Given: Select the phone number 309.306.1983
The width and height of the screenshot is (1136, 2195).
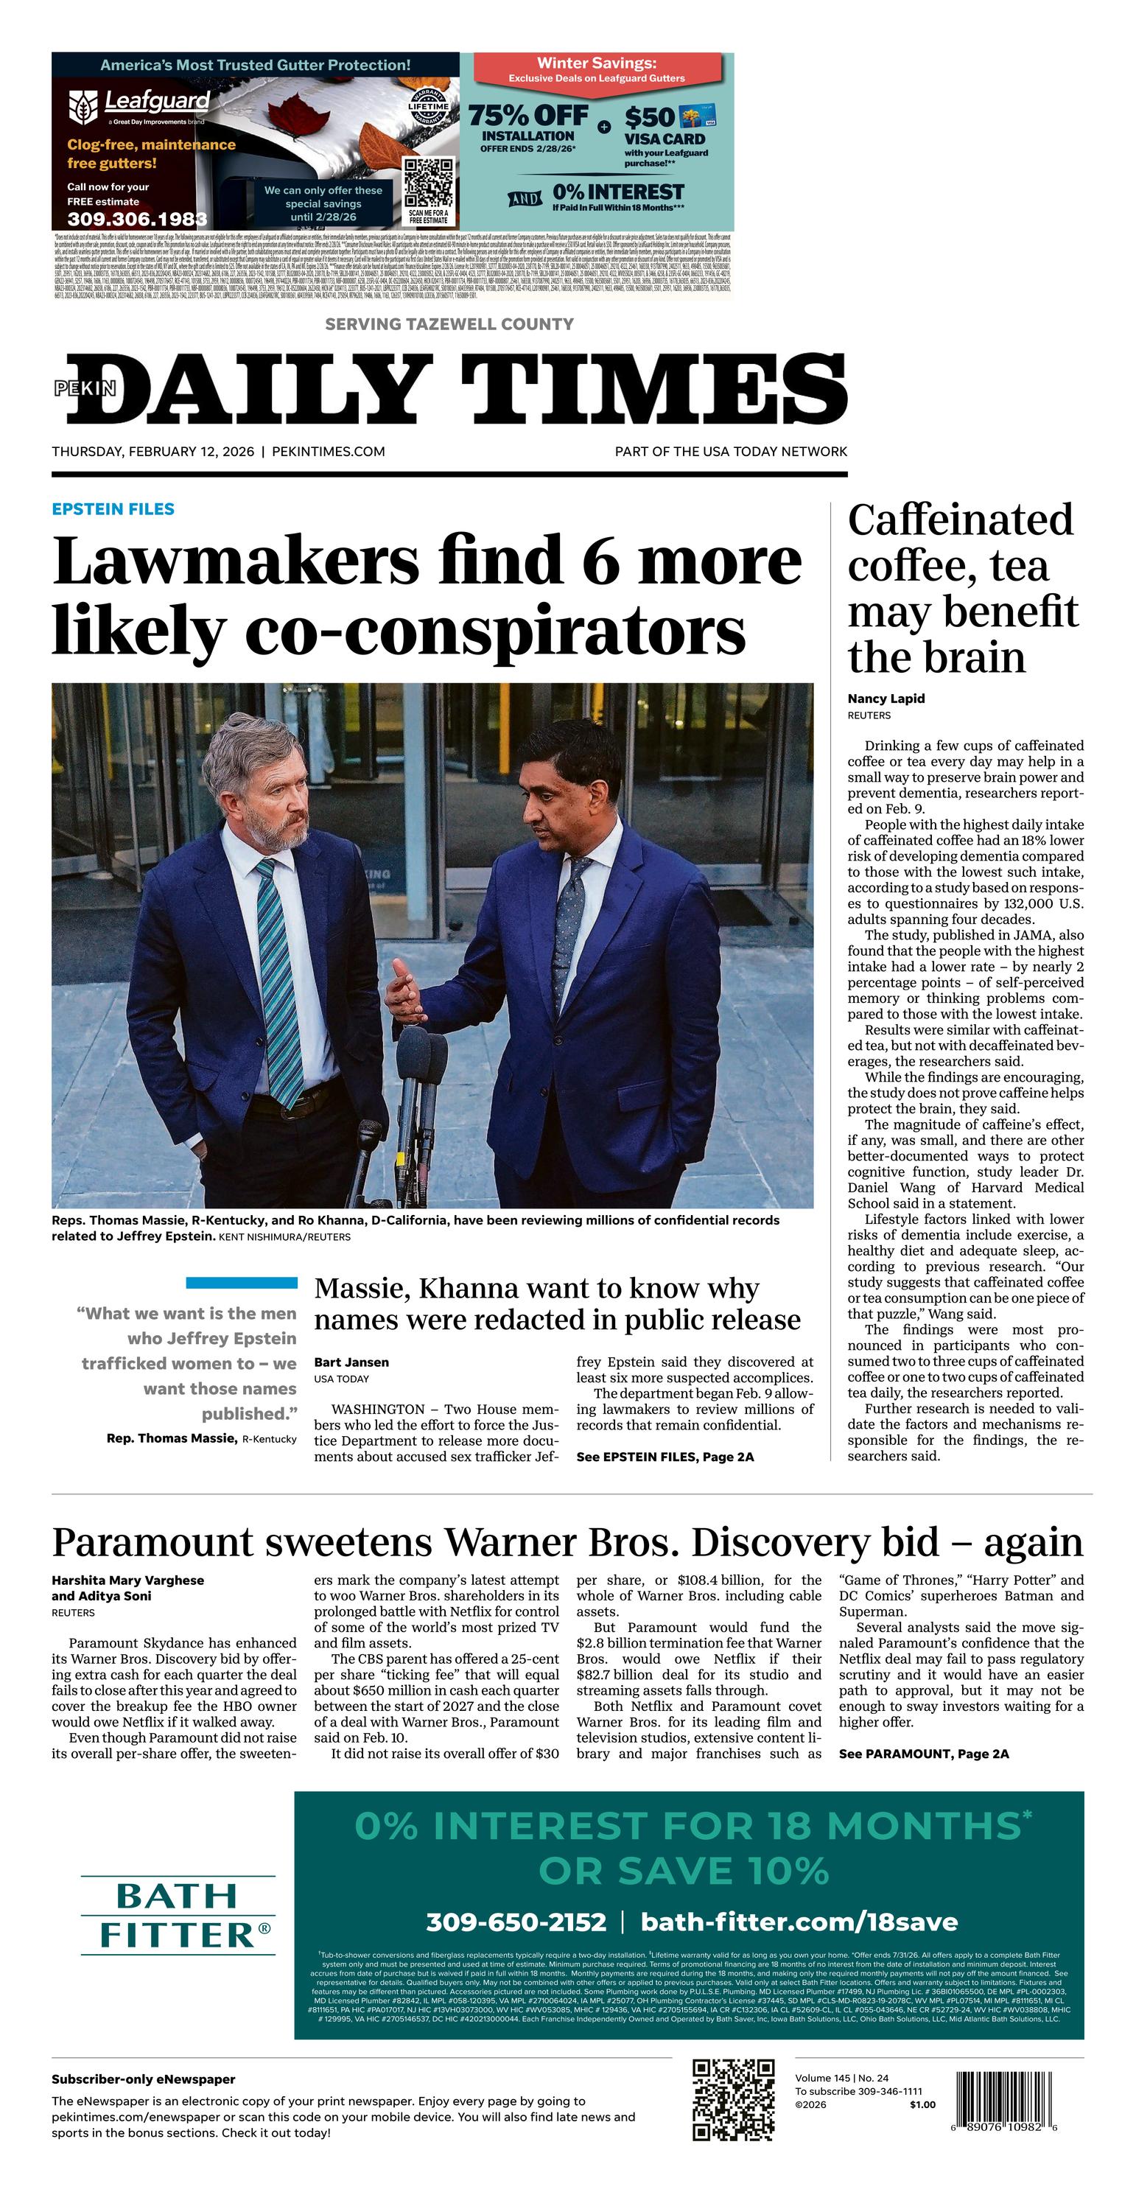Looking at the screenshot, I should pos(136,219).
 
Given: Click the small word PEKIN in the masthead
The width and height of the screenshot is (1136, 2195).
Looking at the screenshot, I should pos(85,388).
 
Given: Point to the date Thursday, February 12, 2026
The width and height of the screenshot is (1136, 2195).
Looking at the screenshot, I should pos(152,452).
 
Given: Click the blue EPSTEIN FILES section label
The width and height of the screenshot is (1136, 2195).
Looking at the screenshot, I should pos(113,508).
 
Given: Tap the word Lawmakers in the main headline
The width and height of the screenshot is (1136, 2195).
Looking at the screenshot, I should pos(236,561).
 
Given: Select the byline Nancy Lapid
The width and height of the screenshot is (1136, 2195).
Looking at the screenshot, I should pos(886,699).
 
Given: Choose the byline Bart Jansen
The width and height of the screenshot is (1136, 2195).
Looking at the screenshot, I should pos(351,1362).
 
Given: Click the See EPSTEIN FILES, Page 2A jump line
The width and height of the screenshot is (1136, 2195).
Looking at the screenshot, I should pos(665,1457).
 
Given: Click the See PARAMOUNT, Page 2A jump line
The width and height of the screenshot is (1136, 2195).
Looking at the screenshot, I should pos(923,1754).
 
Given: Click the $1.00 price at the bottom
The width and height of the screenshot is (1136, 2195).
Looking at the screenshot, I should pos(922,2104).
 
